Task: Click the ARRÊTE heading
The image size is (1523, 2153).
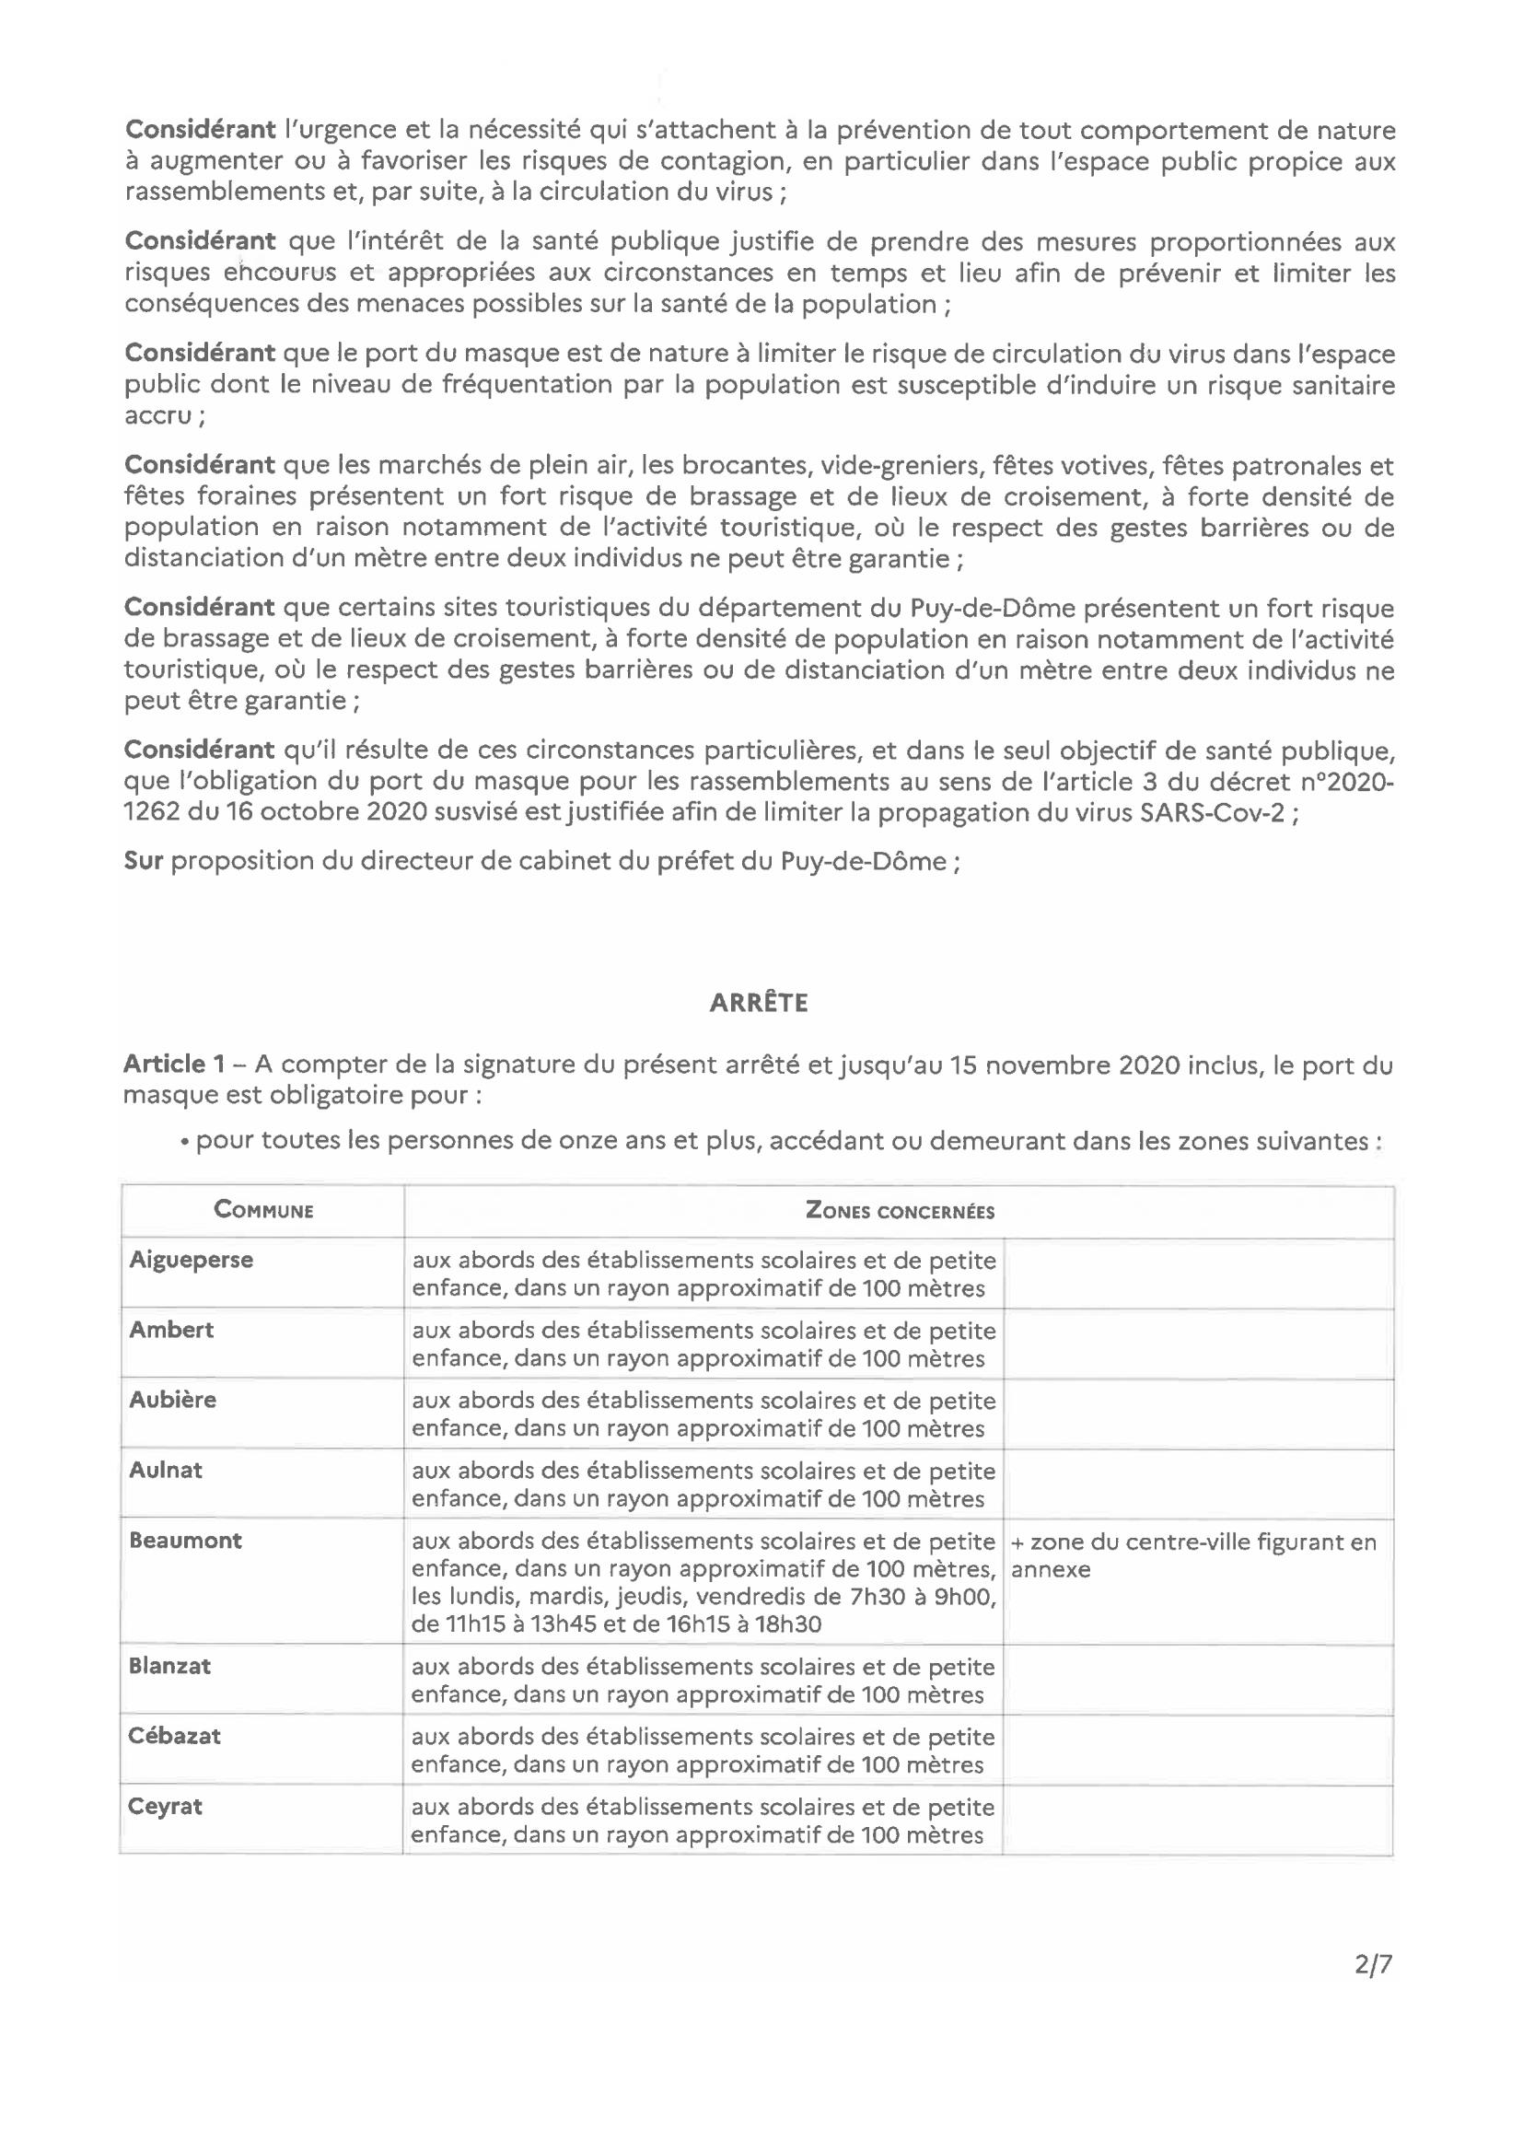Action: (759, 1004)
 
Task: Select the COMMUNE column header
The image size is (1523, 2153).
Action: (263, 1210)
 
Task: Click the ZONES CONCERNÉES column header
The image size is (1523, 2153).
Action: (900, 1211)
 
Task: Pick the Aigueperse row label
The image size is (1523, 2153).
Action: (192, 1260)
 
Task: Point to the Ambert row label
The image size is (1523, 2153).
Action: (171, 1330)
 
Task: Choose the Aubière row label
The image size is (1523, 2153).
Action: (172, 1400)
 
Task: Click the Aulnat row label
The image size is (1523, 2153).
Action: (166, 1470)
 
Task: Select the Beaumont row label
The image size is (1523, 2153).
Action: (186, 1540)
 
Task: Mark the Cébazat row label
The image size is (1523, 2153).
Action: (175, 1736)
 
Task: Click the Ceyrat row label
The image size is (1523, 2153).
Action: (166, 1806)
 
